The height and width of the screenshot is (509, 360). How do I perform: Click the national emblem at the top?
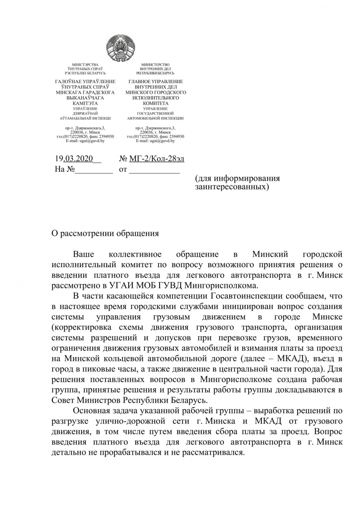[121, 48]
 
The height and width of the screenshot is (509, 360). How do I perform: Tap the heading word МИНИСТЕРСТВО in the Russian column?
[155, 64]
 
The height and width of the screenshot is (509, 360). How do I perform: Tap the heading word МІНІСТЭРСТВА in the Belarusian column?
[85, 64]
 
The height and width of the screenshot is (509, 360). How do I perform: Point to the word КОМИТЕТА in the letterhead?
[155, 103]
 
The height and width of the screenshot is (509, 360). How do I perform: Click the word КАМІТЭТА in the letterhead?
[85, 103]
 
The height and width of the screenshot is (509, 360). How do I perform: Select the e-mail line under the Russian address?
[155, 141]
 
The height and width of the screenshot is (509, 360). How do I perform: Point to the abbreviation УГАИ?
[125, 285]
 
